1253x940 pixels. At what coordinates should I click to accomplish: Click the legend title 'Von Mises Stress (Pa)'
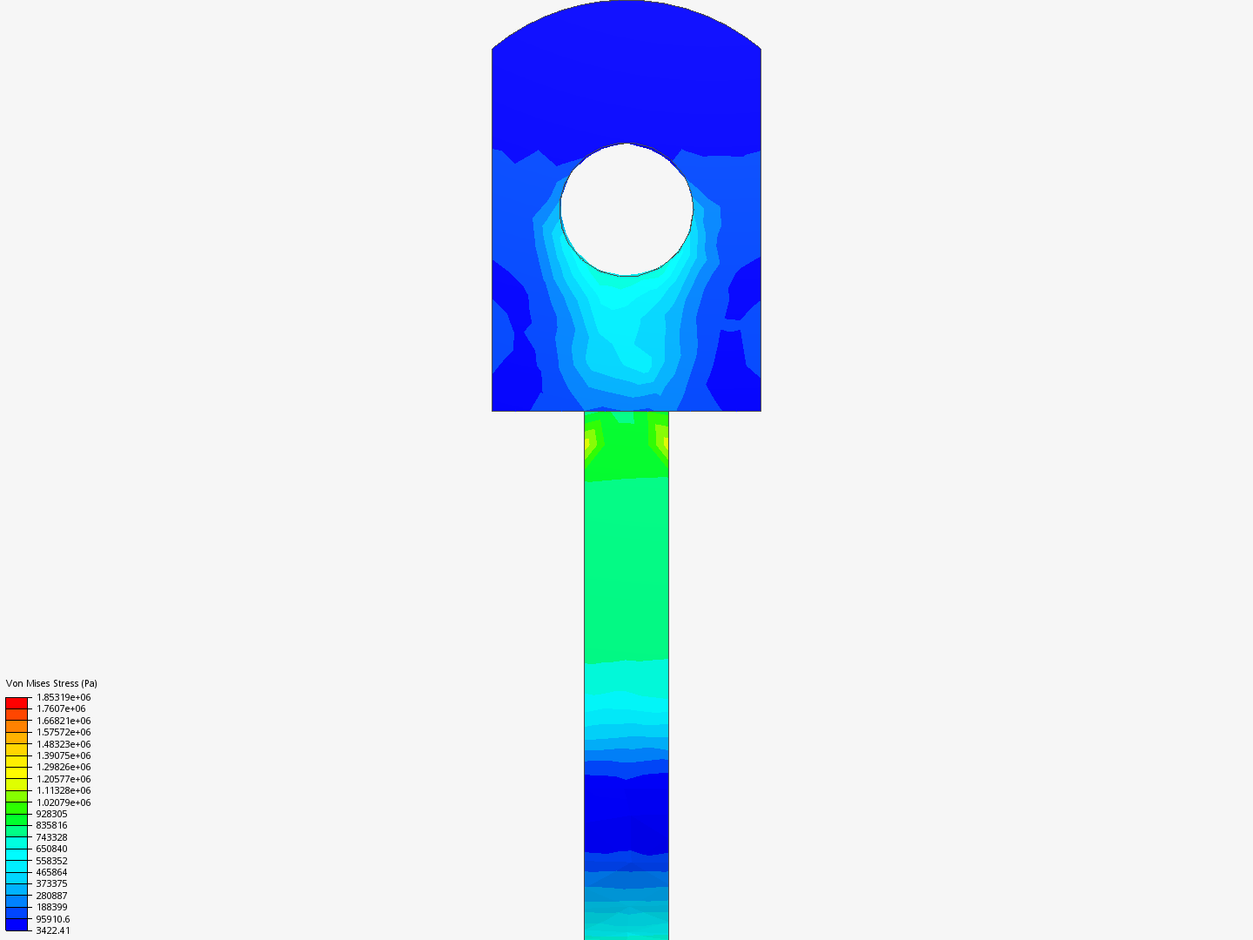51,683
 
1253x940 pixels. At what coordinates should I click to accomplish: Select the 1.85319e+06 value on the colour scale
64,697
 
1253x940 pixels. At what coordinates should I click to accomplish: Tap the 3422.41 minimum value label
53,930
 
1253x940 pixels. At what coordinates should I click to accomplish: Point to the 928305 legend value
51,814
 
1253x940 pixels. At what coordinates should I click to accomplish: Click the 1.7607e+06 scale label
61,708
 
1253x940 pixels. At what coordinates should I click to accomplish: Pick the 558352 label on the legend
51,861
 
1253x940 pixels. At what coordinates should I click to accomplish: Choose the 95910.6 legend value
53,919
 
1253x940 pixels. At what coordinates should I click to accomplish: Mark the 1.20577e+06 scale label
64,779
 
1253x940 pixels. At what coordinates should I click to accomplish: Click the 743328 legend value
51,837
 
